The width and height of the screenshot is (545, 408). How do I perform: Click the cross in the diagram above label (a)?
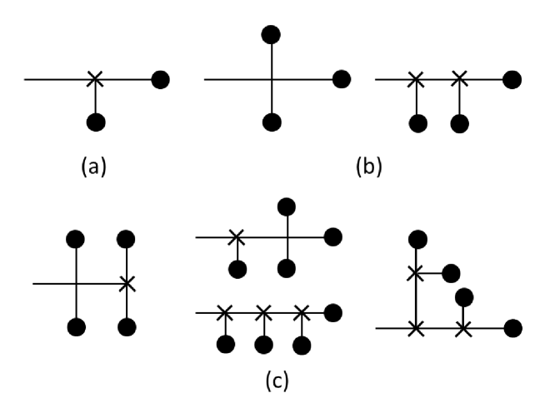[96, 80]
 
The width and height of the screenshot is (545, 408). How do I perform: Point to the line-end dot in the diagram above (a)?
[162, 80]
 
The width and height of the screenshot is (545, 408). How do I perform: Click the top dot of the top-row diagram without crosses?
[271, 34]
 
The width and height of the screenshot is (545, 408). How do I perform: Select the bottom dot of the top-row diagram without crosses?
[271, 123]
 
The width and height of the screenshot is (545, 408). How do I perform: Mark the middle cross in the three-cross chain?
[263, 313]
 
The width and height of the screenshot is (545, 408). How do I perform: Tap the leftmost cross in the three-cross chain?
[224, 313]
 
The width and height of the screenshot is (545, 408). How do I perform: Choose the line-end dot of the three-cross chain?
[333, 313]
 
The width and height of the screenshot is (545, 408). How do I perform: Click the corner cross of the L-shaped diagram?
[415, 328]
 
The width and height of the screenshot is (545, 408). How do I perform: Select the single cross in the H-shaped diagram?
[127, 284]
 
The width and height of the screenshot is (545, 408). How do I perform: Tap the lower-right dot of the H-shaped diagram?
[127, 326]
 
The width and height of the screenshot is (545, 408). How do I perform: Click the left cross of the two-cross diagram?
[415, 80]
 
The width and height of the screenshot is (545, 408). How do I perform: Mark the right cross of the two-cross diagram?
[459, 80]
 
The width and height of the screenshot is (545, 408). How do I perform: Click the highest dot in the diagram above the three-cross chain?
[287, 205]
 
